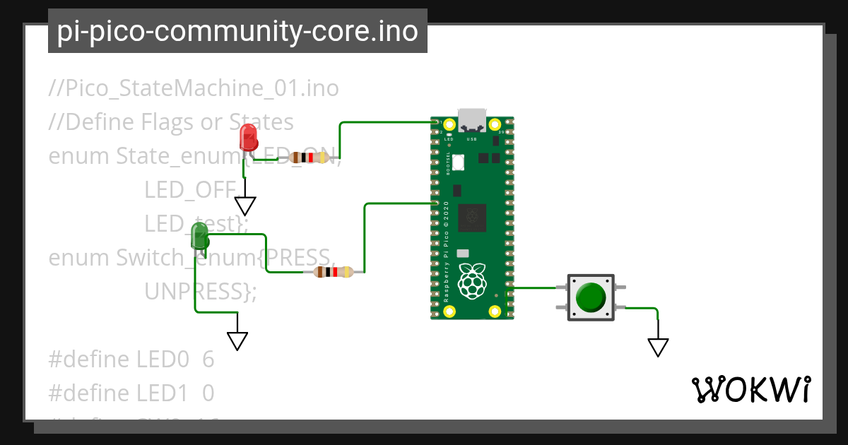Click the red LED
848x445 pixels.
click(248, 137)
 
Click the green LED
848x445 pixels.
click(200, 236)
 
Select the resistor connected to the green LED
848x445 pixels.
click(334, 272)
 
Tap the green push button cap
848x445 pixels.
click(590, 297)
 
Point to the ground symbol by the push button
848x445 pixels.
click(658, 347)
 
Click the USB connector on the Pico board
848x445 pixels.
click(471, 120)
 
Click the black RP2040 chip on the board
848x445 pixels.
click(471, 217)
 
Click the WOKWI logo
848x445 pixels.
click(750, 389)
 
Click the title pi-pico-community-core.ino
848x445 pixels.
click(237, 31)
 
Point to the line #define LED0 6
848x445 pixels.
click(131, 359)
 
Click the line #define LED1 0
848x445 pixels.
click(131, 392)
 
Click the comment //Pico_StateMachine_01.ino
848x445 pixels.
click(194, 88)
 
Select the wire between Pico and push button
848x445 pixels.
click(535, 287)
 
